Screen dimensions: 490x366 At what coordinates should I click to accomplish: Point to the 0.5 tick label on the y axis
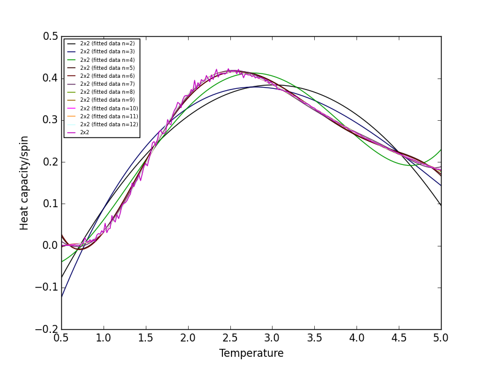click(x=50, y=36)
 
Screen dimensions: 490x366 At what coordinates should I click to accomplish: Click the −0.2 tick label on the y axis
click(x=47, y=329)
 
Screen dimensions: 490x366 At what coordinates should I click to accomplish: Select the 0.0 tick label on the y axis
click(x=50, y=245)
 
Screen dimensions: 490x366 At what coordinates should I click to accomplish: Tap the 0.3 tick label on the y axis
click(x=50, y=120)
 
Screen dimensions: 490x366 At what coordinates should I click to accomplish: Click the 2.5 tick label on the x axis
click(x=230, y=338)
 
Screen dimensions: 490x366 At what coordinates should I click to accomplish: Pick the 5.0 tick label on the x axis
click(x=441, y=338)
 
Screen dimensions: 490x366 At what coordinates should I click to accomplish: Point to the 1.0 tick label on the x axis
click(x=104, y=338)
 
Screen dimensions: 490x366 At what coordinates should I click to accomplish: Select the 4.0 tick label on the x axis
click(x=356, y=338)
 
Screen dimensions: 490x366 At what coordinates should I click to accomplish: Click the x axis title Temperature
click(x=251, y=353)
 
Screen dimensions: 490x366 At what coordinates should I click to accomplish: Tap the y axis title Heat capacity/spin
click(x=24, y=183)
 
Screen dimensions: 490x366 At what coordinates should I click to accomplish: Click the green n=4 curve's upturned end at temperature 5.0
click(x=441, y=150)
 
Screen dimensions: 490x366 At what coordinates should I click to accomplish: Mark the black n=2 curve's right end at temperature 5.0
click(x=441, y=205)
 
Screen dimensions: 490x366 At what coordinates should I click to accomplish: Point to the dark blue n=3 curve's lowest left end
click(x=62, y=296)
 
